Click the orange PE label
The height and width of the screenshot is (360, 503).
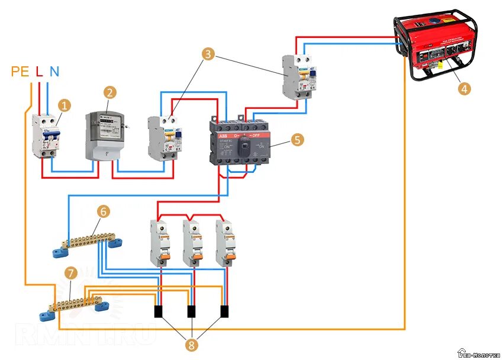coord(20,72)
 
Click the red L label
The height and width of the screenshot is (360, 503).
coord(39,72)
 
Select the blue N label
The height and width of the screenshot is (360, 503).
coord(54,72)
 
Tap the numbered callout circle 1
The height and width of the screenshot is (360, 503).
coord(65,105)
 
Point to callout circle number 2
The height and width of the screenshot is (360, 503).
coord(109,92)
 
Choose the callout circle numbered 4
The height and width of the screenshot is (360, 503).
coord(465,88)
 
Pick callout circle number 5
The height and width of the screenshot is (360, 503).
coord(296,140)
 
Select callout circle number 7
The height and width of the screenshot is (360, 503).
coord(71,273)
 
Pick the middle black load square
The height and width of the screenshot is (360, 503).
coord(192,311)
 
